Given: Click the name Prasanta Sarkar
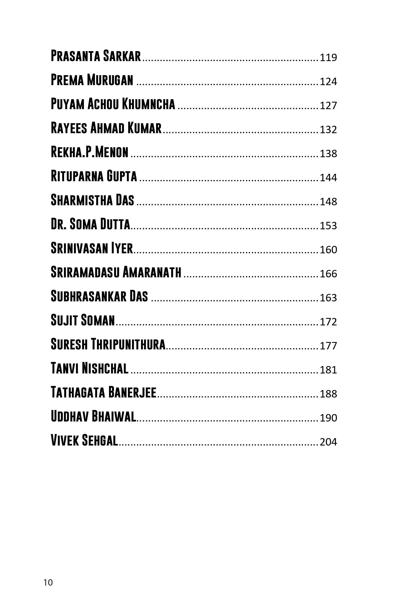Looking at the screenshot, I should click(x=96, y=56).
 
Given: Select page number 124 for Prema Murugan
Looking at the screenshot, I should click(x=328, y=82).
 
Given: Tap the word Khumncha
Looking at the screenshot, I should click(x=148, y=104).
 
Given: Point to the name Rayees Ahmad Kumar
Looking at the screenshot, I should click(x=106, y=128).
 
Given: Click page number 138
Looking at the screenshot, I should click(x=328, y=154).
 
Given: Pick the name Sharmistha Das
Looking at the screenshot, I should click(x=92, y=200).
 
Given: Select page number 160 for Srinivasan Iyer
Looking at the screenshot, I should click(x=328, y=250).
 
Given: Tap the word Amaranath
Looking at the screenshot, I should click(x=152, y=272).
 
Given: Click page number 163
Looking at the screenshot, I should click(x=328, y=298).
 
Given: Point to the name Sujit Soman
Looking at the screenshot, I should click(x=83, y=320).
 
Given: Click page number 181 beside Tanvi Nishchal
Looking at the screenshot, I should click(x=328, y=370).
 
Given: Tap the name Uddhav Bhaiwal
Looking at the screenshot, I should click(x=93, y=416).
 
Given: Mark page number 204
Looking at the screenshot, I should click(x=328, y=442).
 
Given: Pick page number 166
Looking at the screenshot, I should click(x=328, y=274).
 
